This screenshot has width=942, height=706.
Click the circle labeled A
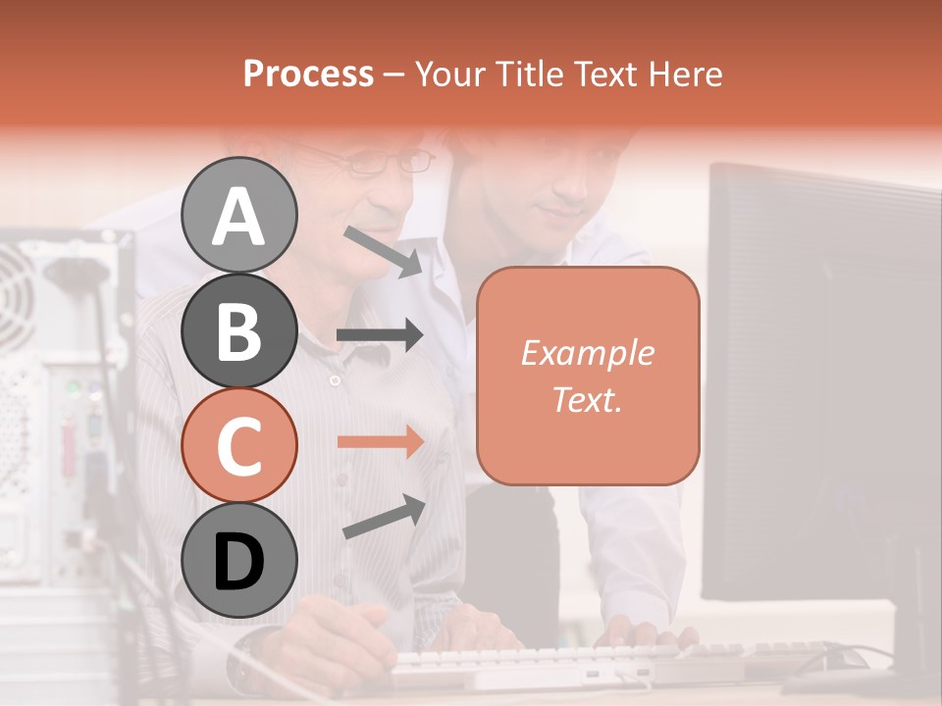(238, 215)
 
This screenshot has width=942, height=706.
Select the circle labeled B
(238, 330)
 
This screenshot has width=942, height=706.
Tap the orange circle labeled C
(238, 446)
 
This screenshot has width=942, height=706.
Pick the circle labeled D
(238, 561)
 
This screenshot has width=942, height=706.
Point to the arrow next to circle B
(381, 335)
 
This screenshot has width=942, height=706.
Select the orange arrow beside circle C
(381, 441)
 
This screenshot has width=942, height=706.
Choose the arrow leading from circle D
(384, 517)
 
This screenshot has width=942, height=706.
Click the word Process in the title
(308, 74)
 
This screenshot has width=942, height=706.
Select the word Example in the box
(587, 353)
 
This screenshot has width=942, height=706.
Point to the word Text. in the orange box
(587, 399)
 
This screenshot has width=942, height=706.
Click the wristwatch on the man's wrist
(245, 663)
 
